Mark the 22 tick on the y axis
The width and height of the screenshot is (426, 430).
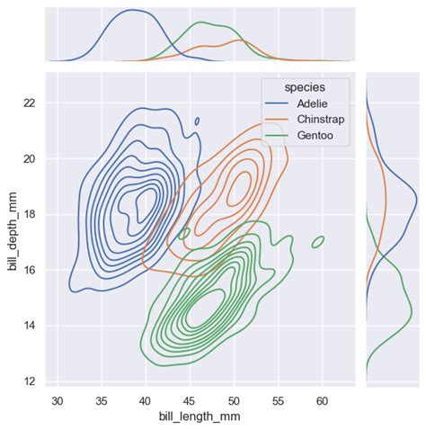pyautogui.click(x=29, y=103)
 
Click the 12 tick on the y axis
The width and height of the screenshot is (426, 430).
pyautogui.click(x=29, y=381)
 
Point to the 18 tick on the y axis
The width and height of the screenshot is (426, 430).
pyautogui.click(x=29, y=214)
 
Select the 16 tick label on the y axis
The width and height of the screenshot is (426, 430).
pyautogui.click(x=29, y=270)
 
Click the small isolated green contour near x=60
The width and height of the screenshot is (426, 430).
pyautogui.click(x=318, y=241)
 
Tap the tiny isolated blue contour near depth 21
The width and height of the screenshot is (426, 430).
pyautogui.click(x=197, y=121)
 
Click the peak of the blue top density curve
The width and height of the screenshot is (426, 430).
pyautogui.click(x=133, y=11)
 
